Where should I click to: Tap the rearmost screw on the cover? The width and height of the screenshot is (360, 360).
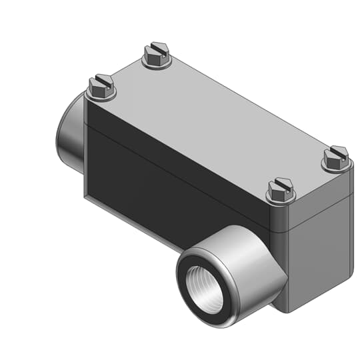tap(157, 54)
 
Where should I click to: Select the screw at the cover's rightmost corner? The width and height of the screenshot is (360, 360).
tap(335, 157)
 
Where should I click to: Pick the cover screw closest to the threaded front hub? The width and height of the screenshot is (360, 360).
tap(281, 189)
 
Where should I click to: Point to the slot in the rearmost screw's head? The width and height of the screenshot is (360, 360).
tap(157, 49)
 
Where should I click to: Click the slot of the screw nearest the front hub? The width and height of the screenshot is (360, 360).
tap(281, 184)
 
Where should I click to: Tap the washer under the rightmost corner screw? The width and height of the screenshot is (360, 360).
tap(335, 165)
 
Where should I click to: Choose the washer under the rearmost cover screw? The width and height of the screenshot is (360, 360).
tap(157, 62)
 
